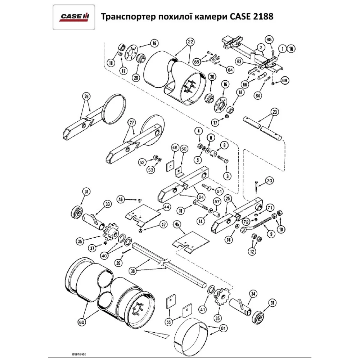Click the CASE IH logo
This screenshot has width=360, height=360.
pyautogui.click(x=75, y=17)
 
